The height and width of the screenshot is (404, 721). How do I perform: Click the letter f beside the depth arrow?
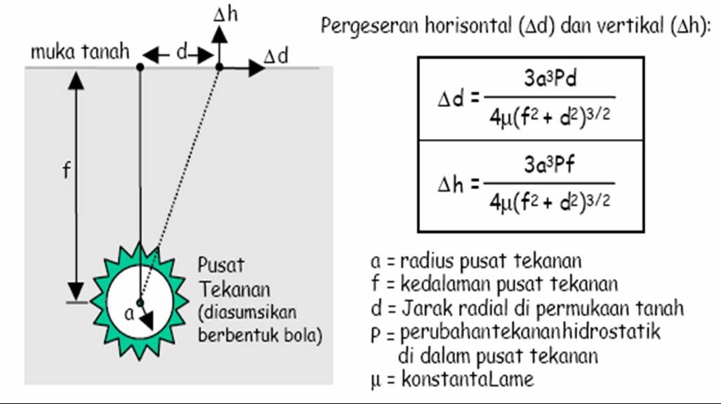pos(66,170)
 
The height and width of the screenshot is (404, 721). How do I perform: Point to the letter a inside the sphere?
pos(128,314)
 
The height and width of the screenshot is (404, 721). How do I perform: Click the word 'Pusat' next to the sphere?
pos(221,266)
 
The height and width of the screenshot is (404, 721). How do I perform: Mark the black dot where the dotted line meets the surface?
pos(219,67)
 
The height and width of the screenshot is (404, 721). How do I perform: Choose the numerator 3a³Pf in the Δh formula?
pos(550,167)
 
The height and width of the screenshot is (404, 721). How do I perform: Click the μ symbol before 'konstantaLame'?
pos(375,380)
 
